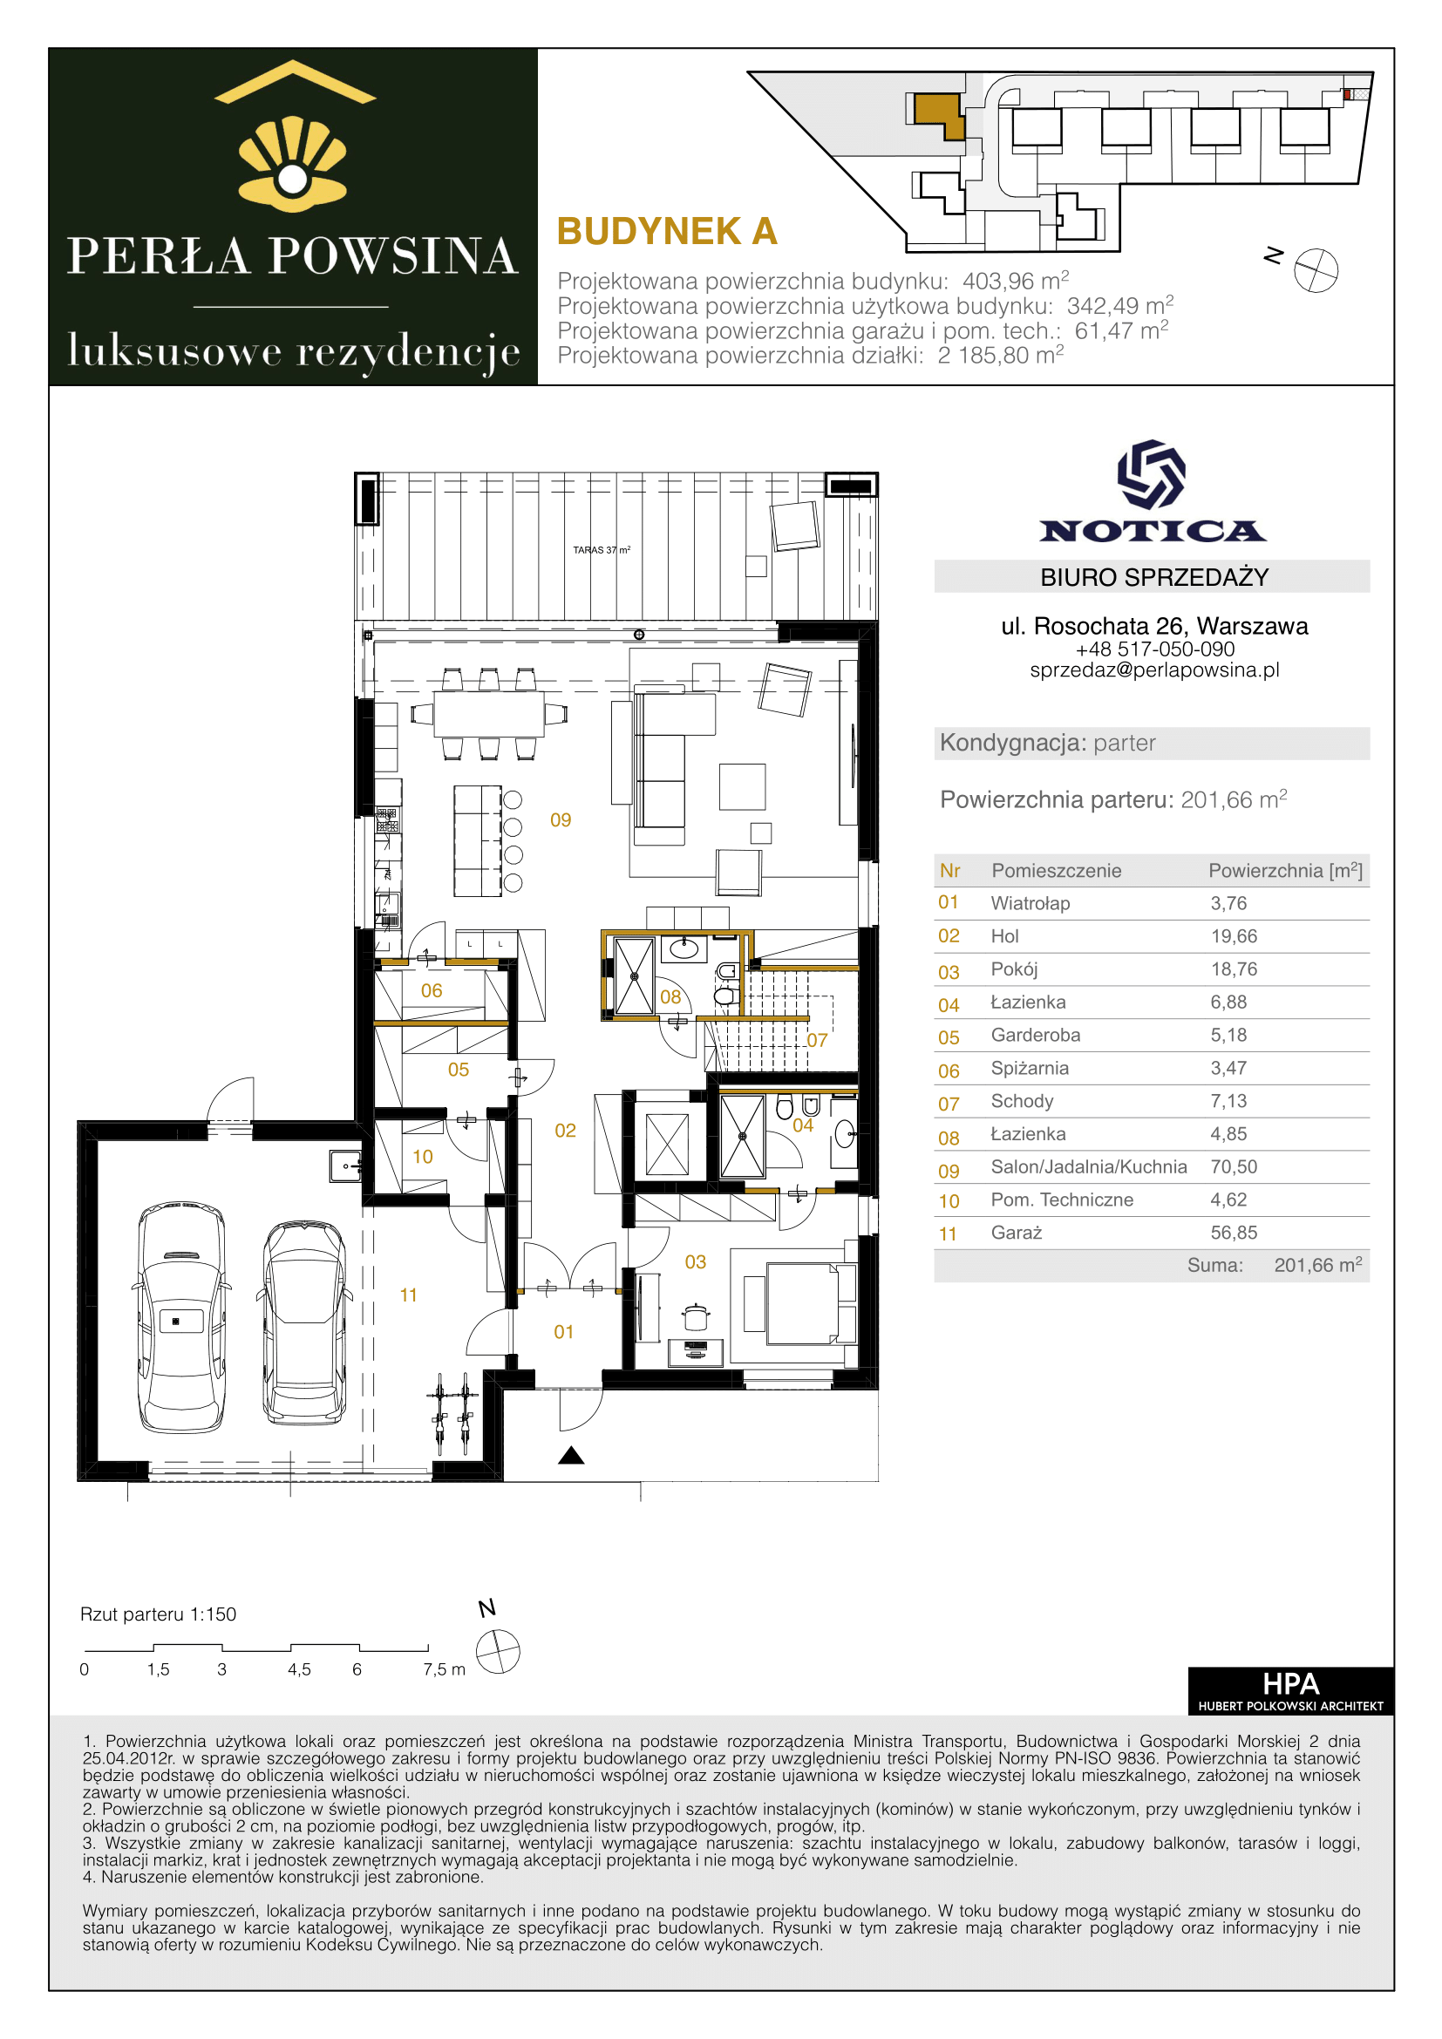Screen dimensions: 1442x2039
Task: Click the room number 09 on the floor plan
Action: point(561,819)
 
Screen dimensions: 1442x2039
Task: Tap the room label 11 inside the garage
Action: point(408,1295)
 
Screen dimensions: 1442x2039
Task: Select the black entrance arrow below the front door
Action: point(571,1455)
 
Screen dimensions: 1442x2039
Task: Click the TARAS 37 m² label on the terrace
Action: point(602,550)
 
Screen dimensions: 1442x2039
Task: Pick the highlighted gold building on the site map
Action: point(939,114)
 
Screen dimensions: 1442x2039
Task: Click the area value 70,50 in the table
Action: point(1234,1167)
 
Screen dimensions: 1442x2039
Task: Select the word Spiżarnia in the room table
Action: point(1030,1069)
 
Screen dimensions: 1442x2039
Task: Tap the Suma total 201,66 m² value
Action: point(1317,1266)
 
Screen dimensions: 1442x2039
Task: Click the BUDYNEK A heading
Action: point(667,232)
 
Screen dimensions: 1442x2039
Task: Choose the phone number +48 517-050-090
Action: point(1154,649)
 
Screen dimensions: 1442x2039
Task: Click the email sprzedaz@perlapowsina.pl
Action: point(1154,670)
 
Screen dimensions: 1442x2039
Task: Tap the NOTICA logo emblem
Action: point(1152,474)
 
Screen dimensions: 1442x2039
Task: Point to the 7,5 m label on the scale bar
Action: point(444,1669)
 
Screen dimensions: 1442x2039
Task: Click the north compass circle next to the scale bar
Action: point(498,1652)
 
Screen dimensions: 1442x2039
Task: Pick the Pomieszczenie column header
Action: point(1057,871)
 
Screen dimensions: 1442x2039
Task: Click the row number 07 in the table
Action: point(949,1104)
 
